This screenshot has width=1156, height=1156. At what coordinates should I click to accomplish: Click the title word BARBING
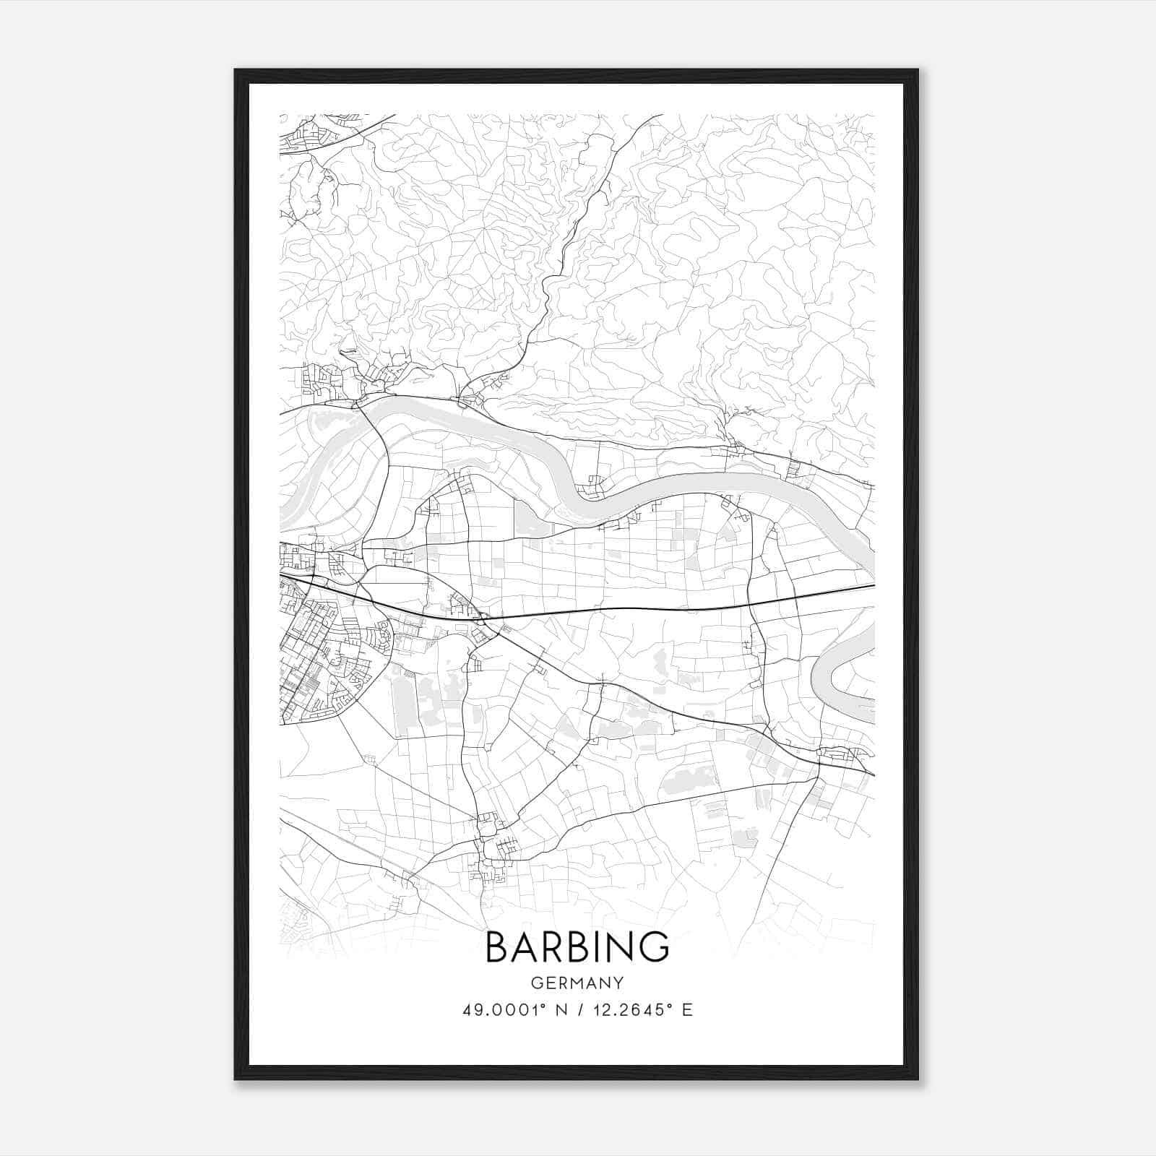(577, 946)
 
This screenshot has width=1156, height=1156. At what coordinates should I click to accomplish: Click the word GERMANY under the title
(577, 983)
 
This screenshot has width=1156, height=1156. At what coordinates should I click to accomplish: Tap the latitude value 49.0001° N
(514, 1010)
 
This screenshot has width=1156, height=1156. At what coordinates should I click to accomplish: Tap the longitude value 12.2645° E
(643, 1010)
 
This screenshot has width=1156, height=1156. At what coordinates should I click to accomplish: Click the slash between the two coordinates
(580, 1010)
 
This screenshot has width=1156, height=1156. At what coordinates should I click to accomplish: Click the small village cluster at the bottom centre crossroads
(491, 838)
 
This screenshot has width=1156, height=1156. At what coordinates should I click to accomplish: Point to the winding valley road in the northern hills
(571, 253)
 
